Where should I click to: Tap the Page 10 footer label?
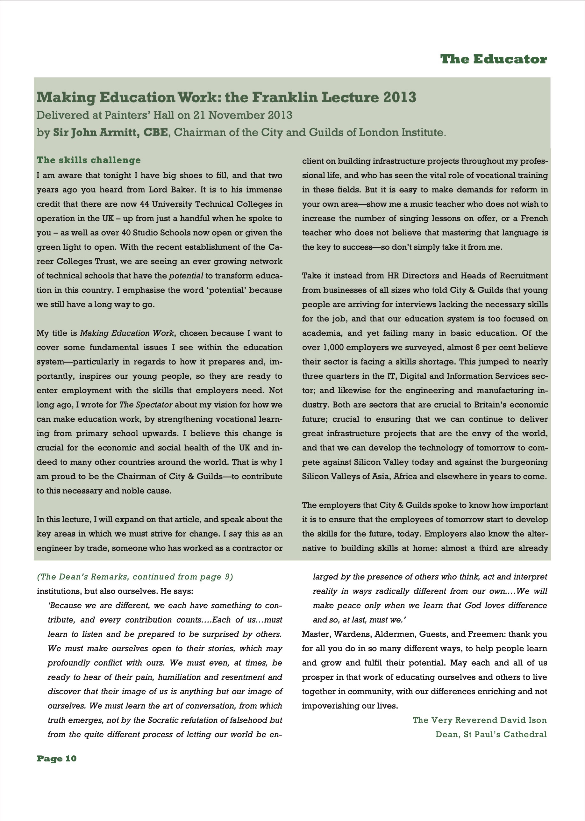(x=57, y=759)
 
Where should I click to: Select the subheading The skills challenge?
(x=89, y=160)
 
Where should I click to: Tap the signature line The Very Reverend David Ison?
(x=480, y=720)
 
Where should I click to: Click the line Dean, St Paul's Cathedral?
(x=491, y=734)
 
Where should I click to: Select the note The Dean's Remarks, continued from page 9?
(x=135, y=577)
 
